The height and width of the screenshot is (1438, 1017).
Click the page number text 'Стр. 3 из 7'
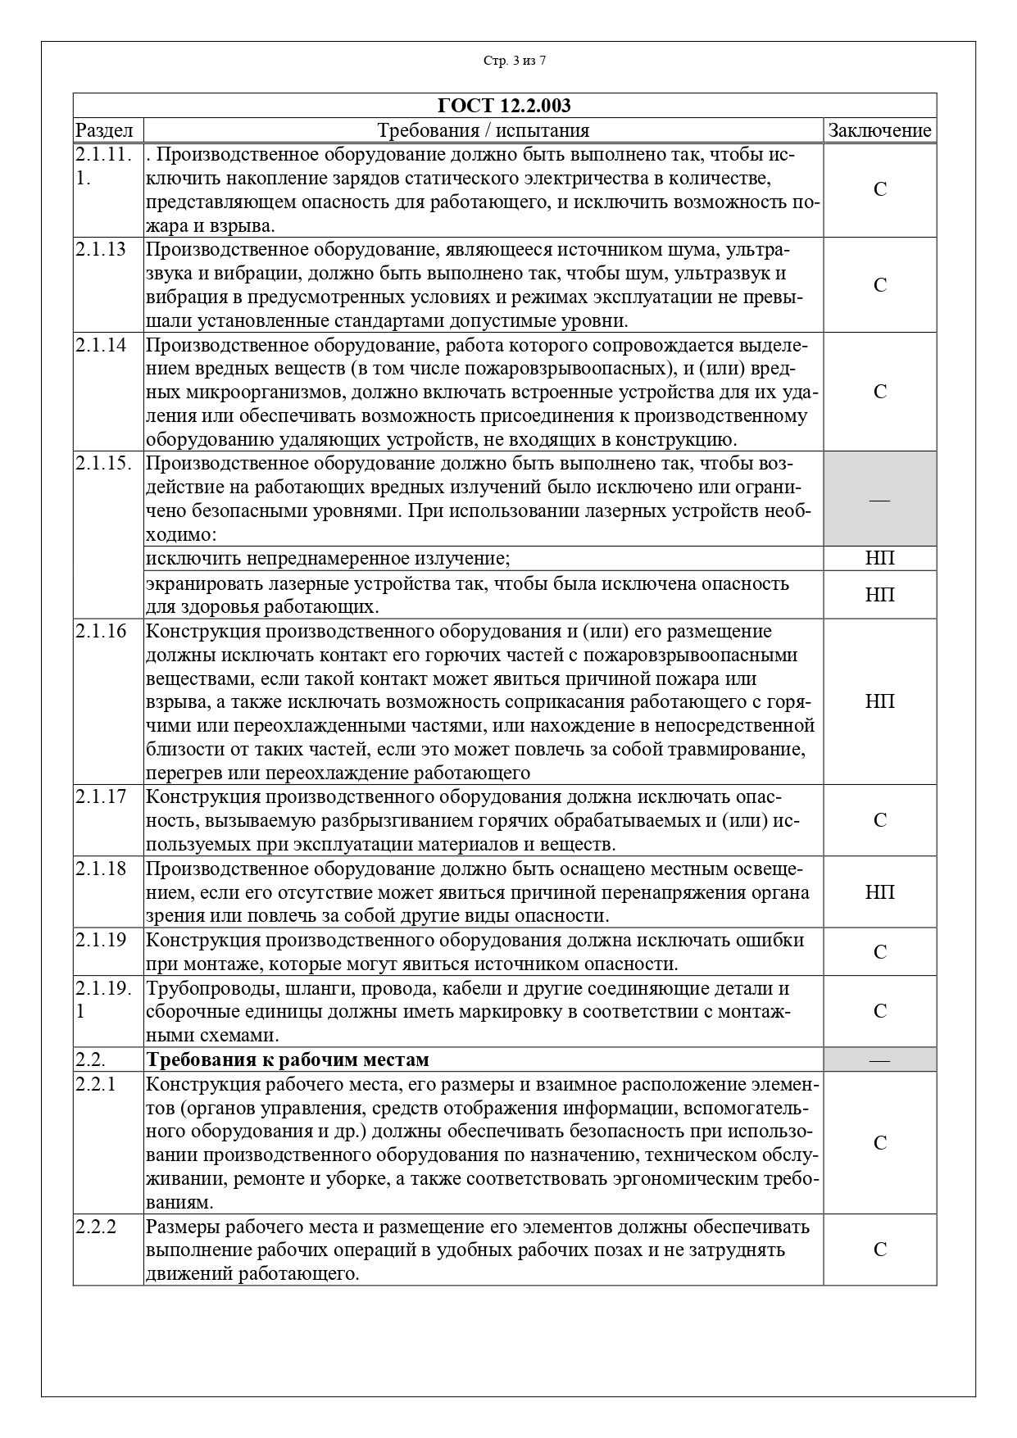click(514, 61)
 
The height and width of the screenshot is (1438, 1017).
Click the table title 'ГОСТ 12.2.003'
click(504, 106)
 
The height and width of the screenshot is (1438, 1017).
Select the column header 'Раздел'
click(104, 130)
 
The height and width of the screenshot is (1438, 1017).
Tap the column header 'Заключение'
click(879, 130)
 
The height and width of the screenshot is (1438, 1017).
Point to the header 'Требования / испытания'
click(483, 130)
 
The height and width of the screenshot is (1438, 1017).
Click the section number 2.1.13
click(101, 250)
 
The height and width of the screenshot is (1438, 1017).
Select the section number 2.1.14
click(101, 345)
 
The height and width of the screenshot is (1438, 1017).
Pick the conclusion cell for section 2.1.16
click(879, 701)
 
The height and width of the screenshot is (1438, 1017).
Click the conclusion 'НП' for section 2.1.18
click(879, 891)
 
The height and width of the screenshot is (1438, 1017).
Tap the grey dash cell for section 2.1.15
click(879, 499)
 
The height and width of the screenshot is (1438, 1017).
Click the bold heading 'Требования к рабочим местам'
click(288, 1059)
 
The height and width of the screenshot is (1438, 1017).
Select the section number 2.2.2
click(97, 1227)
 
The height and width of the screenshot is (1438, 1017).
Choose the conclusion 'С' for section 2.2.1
click(879, 1143)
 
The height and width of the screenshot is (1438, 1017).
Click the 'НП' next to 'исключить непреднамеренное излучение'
click(879, 559)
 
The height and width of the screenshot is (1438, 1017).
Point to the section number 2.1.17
click(101, 796)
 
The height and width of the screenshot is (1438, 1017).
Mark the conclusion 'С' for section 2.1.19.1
click(879, 1011)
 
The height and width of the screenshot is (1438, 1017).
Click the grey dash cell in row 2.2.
click(879, 1060)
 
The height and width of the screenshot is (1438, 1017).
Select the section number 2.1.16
click(101, 631)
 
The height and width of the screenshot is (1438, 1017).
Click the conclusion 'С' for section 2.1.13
click(879, 285)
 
